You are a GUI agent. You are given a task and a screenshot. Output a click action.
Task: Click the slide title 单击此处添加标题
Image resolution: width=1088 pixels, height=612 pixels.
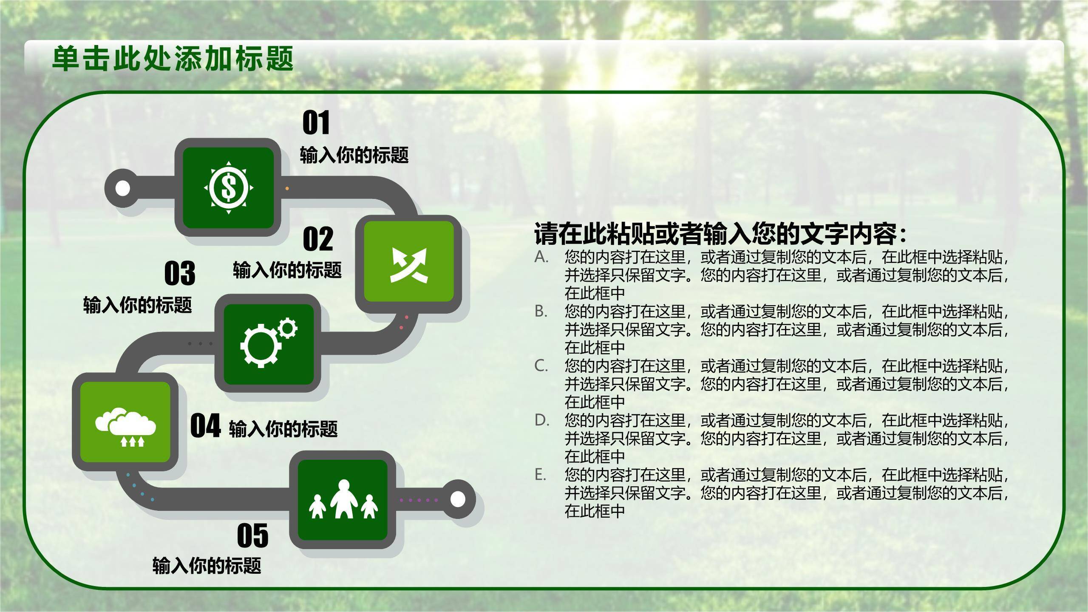pyautogui.click(x=173, y=58)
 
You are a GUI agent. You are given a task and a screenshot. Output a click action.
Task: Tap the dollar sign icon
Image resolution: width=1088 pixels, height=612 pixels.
pyautogui.click(x=229, y=187)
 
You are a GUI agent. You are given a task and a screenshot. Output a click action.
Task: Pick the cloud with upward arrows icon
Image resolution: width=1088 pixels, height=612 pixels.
pyautogui.click(x=126, y=427)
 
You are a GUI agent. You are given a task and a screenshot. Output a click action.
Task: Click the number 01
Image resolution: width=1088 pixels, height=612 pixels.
pyautogui.click(x=316, y=123)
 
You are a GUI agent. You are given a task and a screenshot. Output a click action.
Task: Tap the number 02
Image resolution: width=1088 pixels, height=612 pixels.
pyautogui.click(x=318, y=239)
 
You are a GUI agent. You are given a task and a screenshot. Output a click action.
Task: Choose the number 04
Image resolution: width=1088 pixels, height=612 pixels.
pyautogui.click(x=205, y=426)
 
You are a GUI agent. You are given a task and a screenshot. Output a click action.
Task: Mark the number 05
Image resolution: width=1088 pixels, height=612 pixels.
pyautogui.click(x=253, y=536)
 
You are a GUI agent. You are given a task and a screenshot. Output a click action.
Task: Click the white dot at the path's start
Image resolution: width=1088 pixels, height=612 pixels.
pyautogui.click(x=123, y=188)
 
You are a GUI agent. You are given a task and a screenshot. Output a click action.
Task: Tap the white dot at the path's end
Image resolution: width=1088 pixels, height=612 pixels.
pyautogui.click(x=457, y=499)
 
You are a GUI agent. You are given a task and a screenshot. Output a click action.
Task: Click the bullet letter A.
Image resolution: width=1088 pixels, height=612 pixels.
pyautogui.click(x=541, y=257)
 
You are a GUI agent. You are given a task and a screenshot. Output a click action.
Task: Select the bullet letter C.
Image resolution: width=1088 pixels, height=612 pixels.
pyautogui.click(x=541, y=365)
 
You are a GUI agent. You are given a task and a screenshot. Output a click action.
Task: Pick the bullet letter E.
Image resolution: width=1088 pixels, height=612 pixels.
pyautogui.click(x=540, y=474)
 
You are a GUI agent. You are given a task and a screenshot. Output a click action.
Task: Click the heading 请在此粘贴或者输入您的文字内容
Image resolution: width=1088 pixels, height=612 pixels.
pyautogui.click(x=720, y=234)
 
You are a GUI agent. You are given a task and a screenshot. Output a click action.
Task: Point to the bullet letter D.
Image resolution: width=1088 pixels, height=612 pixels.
pyautogui.click(x=541, y=420)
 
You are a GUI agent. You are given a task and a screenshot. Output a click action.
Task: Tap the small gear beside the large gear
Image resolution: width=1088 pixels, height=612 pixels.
pyautogui.click(x=288, y=328)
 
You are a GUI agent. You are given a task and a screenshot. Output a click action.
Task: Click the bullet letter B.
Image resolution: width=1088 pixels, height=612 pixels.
pyautogui.click(x=541, y=311)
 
